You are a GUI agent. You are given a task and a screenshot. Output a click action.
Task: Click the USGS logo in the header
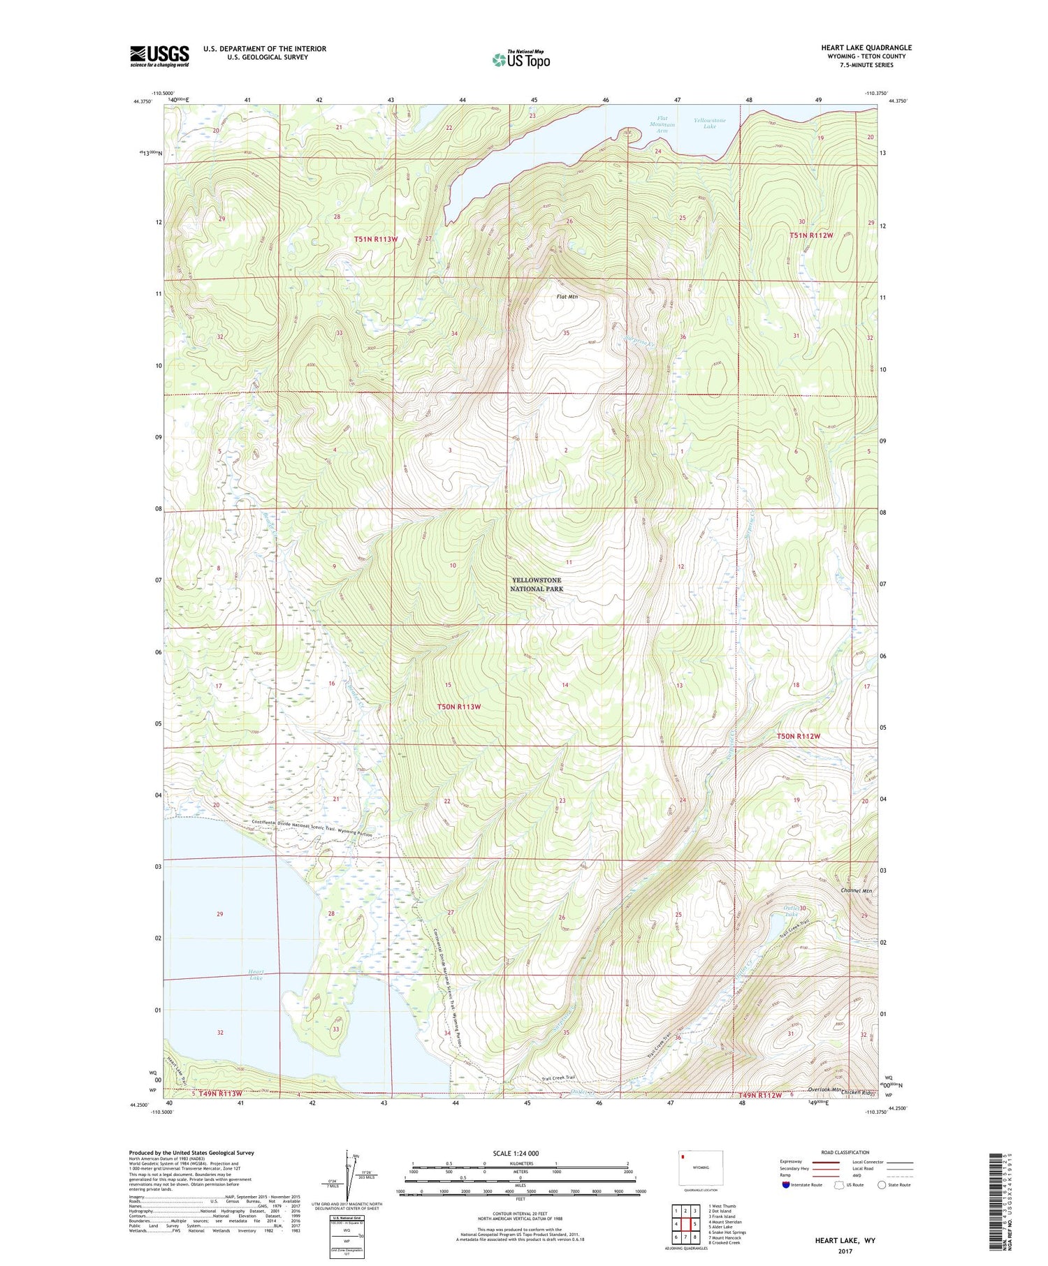tap(159, 56)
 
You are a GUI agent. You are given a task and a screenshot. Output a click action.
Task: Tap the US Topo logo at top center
tap(521, 60)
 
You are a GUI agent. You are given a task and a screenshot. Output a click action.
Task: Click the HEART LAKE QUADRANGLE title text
tap(866, 47)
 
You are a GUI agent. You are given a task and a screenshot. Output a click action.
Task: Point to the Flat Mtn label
tap(567, 297)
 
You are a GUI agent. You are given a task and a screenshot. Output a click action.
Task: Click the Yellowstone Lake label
tap(709, 124)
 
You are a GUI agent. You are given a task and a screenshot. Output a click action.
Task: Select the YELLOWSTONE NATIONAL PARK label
tap(537, 584)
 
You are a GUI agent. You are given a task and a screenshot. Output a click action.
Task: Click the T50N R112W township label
tap(798, 737)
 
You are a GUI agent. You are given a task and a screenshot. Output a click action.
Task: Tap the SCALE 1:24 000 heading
tap(521, 1153)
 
